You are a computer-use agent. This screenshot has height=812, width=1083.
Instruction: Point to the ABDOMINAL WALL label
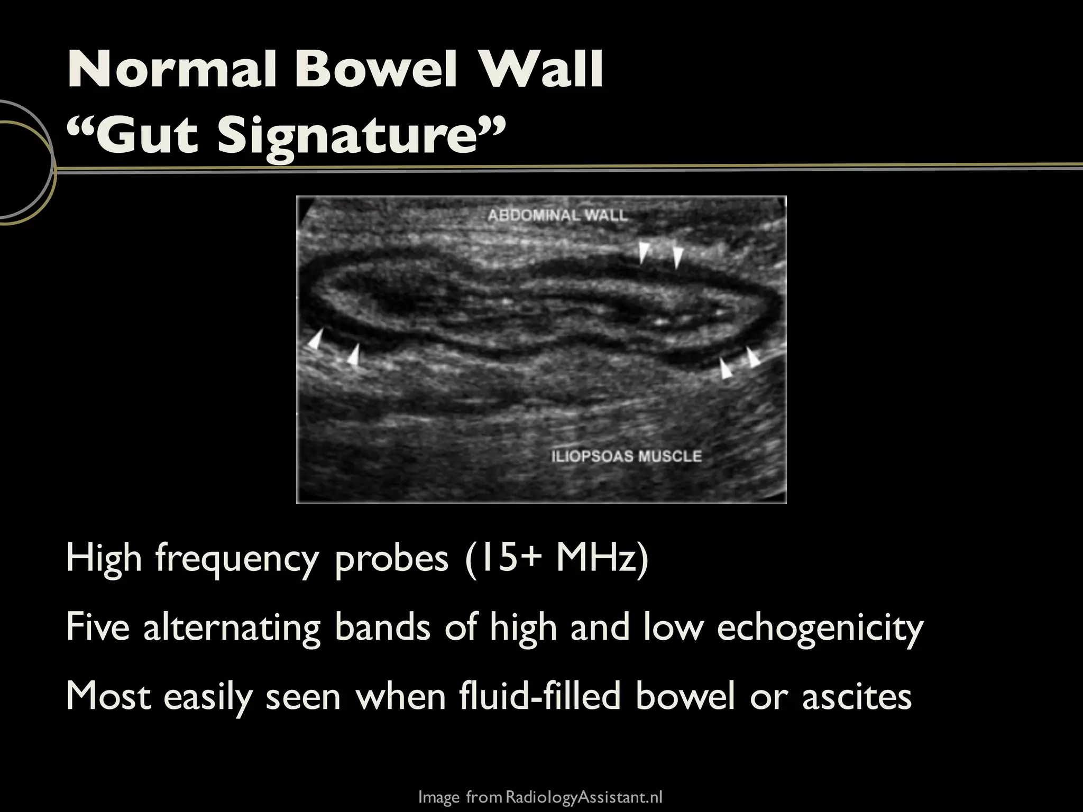coord(557,216)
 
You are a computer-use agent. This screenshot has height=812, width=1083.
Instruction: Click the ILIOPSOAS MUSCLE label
coord(627,456)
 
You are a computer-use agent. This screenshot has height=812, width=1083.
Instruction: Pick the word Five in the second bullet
coord(98,628)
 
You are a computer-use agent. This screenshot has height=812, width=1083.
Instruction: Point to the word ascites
coord(857,696)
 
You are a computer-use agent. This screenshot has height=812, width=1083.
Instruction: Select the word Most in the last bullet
coord(109,696)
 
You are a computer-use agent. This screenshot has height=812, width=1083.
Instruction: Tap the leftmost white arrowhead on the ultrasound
coord(316,339)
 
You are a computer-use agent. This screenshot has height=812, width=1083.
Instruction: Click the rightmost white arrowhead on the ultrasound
coord(752,357)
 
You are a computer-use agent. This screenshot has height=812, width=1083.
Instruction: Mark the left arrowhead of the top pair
coord(643,252)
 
